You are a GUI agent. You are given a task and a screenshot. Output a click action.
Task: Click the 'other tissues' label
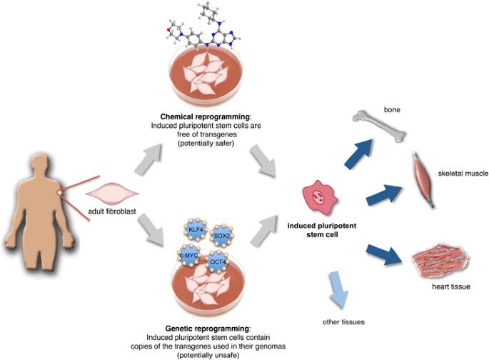pos(346,323)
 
